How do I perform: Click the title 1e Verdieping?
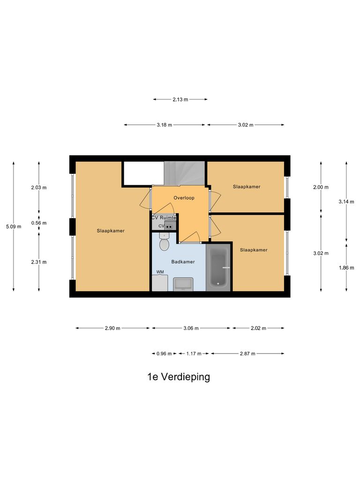pos(179,377)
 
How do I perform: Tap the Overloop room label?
pos(184,198)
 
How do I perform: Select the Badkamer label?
pos(183,262)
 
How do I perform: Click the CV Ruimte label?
pos(164,218)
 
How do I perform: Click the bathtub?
pos(218,266)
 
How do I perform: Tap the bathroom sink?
pos(183,284)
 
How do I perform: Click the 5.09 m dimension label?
pos(13,226)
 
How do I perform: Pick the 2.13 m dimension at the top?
pos(180,99)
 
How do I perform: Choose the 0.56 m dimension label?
pos(39,223)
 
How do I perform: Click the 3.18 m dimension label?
pos(165,125)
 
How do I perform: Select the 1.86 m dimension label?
pos(346,268)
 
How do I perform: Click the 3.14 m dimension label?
pos(346,202)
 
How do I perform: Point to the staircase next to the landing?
pos(185,172)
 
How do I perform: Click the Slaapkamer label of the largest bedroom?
pos(111,231)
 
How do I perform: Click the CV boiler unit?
pos(170,226)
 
